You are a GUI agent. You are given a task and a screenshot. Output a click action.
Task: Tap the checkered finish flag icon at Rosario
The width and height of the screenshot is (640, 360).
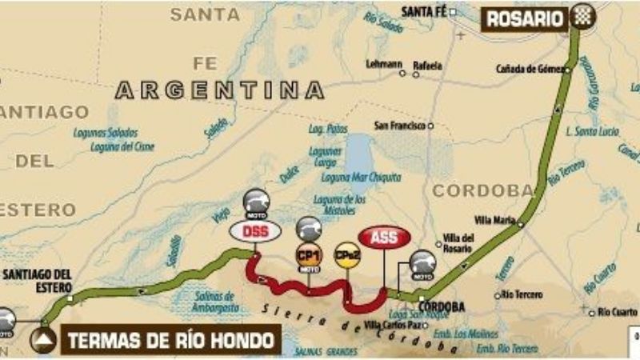579,17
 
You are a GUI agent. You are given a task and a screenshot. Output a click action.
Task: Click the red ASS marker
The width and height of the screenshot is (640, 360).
384,237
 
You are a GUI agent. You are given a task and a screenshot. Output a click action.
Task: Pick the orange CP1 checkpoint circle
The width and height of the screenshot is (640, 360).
309,257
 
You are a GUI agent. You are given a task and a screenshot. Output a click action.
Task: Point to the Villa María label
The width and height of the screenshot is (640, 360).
494,218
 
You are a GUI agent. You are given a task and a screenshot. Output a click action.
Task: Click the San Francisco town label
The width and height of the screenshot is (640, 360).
400,126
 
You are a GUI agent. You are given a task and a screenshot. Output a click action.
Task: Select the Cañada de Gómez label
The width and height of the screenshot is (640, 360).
530,69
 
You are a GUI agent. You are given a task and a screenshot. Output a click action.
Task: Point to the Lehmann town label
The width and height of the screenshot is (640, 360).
383,64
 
